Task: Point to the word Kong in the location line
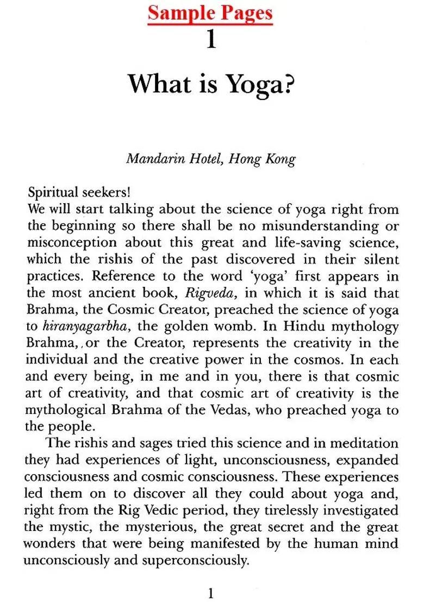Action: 281,159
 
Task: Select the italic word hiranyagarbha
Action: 82,327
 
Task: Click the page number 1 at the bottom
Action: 211,593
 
